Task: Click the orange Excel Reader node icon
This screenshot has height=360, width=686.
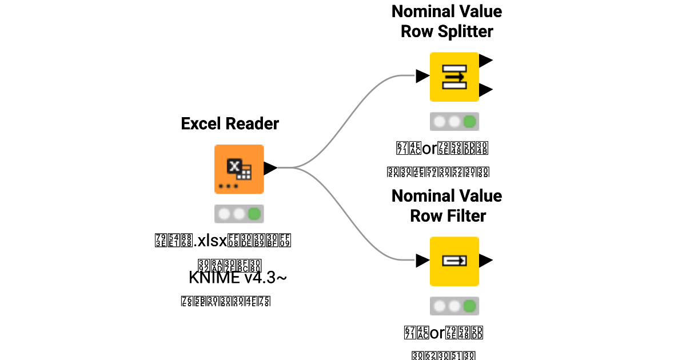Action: click(x=239, y=169)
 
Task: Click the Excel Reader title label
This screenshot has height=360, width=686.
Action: click(x=230, y=123)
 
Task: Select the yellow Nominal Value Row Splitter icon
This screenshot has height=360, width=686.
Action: click(x=454, y=77)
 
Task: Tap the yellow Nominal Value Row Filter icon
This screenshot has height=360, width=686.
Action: click(x=454, y=261)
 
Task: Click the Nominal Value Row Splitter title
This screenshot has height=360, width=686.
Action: click(x=446, y=21)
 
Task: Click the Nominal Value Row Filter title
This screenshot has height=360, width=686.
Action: click(x=446, y=206)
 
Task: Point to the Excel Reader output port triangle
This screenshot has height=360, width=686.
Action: click(x=270, y=168)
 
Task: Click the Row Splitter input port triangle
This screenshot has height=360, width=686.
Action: click(x=422, y=76)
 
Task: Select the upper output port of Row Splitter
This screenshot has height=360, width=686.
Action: click(x=486, y=60)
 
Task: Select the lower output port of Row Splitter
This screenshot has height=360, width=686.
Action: click(x=486, y=90)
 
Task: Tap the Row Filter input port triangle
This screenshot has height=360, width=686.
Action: click(x=422, y=261)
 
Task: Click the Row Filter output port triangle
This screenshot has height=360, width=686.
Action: click(x=486, y=261)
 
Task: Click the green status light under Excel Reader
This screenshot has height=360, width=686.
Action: click(x=254, y=214)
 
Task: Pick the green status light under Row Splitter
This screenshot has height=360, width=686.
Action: click(x=469, y=122)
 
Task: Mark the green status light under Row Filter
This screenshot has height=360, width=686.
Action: click(x=469, y=306)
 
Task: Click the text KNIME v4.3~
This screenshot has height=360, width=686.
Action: click(x=237, y=278)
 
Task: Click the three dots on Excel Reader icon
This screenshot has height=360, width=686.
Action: click(x=228, y=186)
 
